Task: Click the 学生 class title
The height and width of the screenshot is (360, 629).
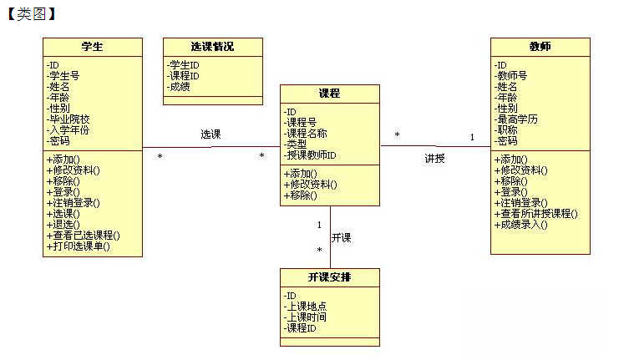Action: [92, 47]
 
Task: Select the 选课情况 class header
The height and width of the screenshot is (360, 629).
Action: [213, 47]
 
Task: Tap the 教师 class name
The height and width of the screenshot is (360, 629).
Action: [540, 47]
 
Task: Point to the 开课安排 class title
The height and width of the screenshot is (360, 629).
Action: [329, 277]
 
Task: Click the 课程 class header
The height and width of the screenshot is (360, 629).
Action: [329, 94]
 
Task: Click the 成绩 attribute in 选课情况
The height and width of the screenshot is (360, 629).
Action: [179, 87]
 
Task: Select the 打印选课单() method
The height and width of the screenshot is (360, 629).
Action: [79, 246]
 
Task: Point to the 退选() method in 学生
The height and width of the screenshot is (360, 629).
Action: [63, 225]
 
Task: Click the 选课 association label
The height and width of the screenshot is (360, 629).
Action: [211, 134]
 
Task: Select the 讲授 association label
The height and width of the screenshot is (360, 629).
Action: [435, 159]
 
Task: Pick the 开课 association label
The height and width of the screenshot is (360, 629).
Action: [342, 237]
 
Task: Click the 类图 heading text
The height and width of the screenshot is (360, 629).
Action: [32, 14]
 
